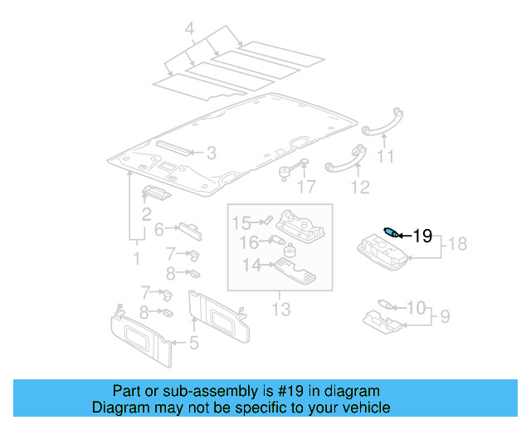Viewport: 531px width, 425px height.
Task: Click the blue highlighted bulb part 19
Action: click(x=390, y=232)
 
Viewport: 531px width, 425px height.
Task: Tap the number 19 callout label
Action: click(x=422, y=237)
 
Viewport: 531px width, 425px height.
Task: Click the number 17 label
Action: click(x=307, y=187)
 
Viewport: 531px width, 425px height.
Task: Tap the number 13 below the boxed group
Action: click(x=281, y=310)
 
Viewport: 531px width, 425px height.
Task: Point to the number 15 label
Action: click(x=241, y=222)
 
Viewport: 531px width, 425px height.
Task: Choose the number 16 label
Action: click(x=249, y=242)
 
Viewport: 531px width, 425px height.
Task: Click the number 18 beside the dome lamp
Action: click(x=459, y=243)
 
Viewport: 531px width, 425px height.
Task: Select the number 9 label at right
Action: click(x=445, y=316)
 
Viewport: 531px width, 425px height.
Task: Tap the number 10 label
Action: click(x=416, y=308)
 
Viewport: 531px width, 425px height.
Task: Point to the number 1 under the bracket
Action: click(x=137, y=259)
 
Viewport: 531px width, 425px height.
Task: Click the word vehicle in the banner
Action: click(x=366, y=408)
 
